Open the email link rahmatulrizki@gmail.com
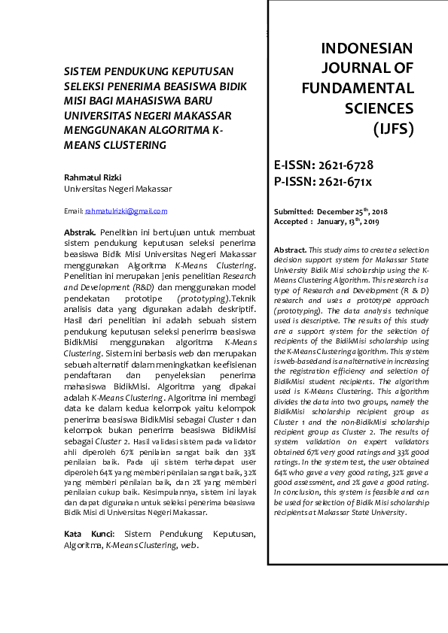tap(126, 211)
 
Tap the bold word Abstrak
tap(79, 234)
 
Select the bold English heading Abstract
tap(290, 250)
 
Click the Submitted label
tap(294, 213)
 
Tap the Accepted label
tap(291, 222)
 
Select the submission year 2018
tap(379, 213)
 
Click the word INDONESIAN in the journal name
tap(367, 49)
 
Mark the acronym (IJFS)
tap(393, 129)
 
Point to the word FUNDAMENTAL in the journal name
tap(358, 89)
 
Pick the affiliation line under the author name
tap(118, 189)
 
